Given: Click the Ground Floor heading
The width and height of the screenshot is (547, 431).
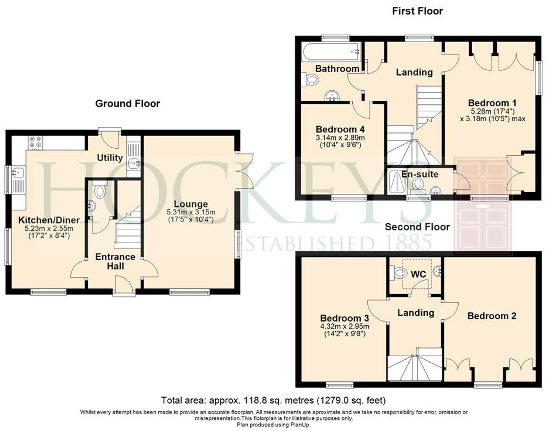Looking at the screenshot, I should coord(127,104).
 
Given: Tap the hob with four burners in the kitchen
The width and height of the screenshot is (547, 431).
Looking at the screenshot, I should coord(35,143).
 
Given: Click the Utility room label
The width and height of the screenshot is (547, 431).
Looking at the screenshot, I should coord(110,158).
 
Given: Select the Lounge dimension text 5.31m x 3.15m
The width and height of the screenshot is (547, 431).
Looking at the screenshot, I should coord(191,212).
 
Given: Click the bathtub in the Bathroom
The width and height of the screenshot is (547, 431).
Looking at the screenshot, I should coord(330,52).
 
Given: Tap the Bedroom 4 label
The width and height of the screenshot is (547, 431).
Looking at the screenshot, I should coord(340,129).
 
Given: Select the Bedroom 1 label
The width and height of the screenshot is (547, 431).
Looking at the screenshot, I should coord(492,103).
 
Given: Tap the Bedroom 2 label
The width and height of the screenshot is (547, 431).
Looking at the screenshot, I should coord(492,316).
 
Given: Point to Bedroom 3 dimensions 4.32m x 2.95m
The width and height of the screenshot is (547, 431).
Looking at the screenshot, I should coord(345,326).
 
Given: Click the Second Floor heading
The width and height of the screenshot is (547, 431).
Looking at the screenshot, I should coord(417,227).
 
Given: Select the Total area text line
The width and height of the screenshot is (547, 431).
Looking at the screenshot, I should coord(273,400).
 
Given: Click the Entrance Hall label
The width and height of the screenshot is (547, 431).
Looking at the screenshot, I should coord(115,261).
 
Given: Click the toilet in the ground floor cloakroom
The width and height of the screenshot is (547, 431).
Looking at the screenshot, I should coord(99,190).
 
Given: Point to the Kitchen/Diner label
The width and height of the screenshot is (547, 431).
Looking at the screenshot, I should coord(49,220).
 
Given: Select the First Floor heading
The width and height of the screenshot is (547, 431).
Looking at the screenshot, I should coord(417,11).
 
